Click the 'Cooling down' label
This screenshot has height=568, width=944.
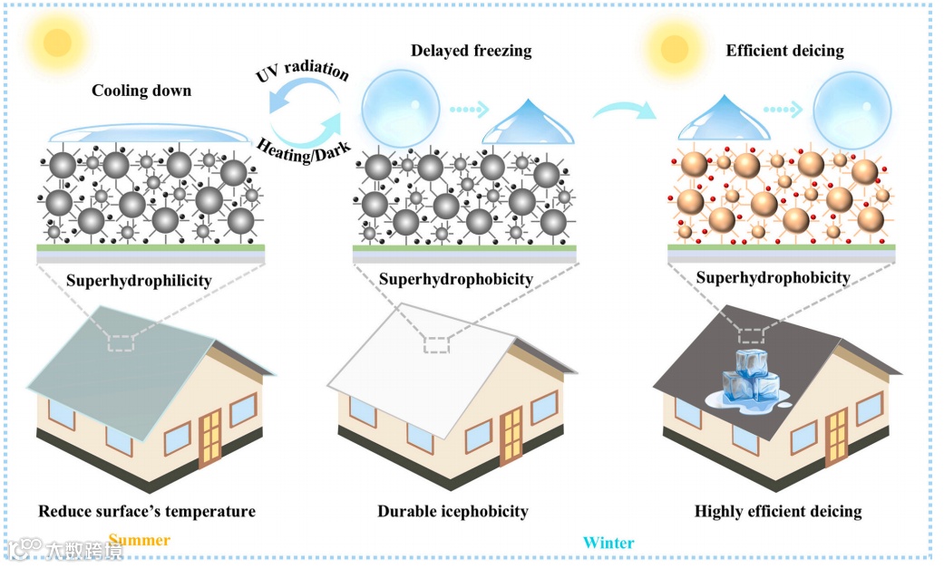coord(141,91)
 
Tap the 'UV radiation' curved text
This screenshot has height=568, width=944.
coord(303,67)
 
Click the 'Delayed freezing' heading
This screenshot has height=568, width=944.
coord(471,51)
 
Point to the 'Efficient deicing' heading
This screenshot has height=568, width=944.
coord(784,51)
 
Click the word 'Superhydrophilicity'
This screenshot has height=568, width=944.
coord(139,280)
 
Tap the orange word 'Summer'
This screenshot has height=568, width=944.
coord(140,540)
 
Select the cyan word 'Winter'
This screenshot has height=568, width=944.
coord(608,543)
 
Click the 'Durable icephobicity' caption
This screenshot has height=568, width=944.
coord(453,512)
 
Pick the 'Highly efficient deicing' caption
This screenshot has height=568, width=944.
coord(778,512)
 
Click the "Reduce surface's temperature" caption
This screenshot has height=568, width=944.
coord(147,512)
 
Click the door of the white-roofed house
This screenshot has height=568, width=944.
coord(511,436)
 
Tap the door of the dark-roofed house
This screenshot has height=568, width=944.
coord(835,436)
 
